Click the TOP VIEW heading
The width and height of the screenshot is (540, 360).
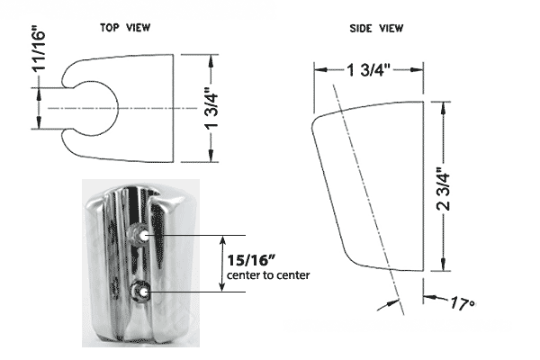coord(125,28)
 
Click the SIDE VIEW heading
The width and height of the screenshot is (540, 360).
coord(376,28)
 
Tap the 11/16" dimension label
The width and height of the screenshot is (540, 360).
coord(39,48)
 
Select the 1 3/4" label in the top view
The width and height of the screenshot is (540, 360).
coord(212,110)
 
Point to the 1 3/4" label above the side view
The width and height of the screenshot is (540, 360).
coord(369,70)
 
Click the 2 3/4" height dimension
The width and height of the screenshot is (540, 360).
coord(443,189)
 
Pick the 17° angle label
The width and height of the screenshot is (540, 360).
coord(463,303)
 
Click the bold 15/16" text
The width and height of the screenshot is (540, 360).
coord(252,260)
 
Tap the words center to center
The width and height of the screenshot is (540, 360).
coord(268,275)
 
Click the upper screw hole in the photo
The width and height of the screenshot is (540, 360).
coord(144,236)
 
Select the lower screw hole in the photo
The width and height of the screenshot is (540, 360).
coord(143,292)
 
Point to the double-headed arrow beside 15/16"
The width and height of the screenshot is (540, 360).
coord(223,264)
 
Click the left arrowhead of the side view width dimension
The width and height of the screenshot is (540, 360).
coord(320,70)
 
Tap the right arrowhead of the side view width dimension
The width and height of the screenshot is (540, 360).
coord(417,70)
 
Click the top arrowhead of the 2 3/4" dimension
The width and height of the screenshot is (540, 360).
coord(443,108)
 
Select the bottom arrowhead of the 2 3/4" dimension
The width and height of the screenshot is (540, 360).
coord(443,265)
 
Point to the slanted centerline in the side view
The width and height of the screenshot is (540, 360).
coord(368,200)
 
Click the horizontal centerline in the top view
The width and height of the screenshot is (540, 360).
coord(122,108)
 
